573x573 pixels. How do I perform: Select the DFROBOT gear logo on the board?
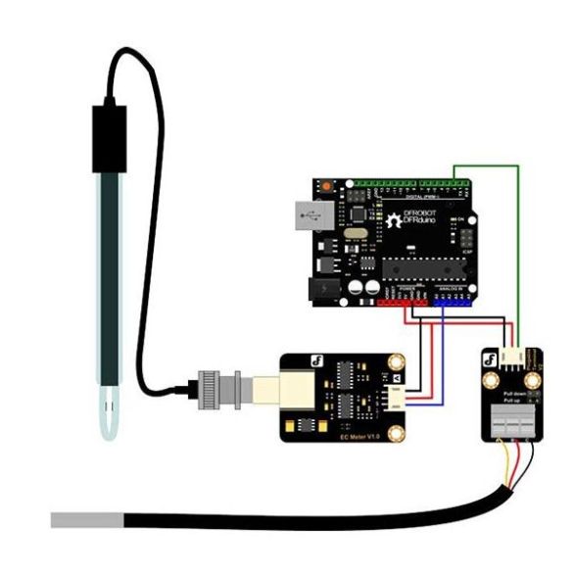(389, 218)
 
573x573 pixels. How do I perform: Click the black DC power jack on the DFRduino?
(321, 288)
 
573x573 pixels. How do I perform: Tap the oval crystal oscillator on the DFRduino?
(355, 234)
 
